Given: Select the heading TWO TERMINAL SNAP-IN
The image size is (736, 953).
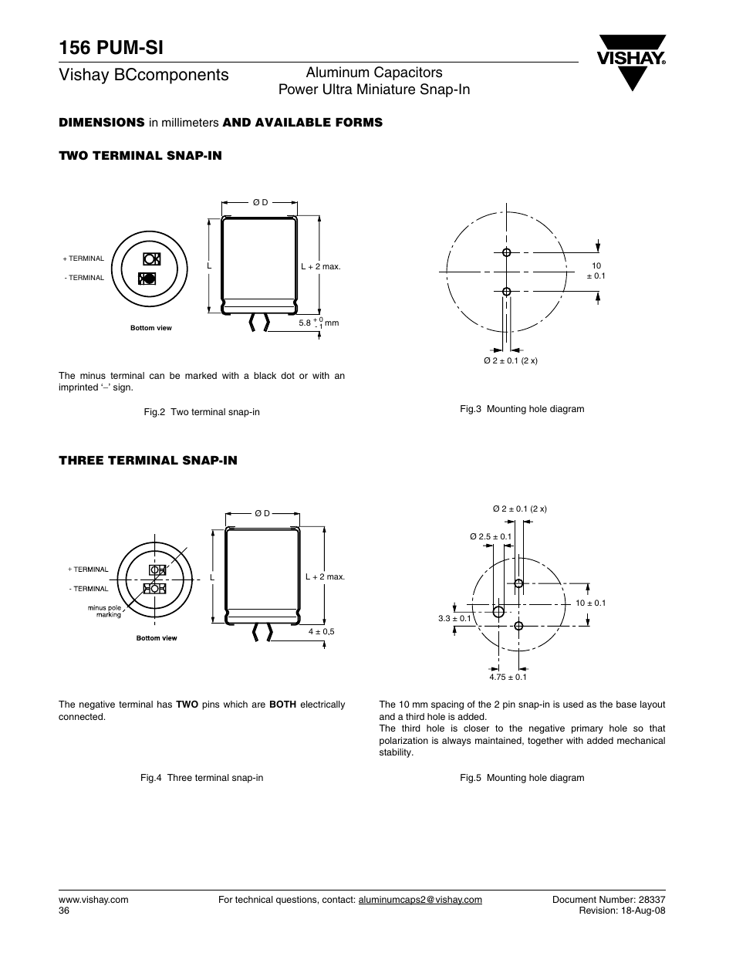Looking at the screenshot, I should point(140,156).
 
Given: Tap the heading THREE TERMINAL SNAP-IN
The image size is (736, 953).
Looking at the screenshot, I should point(148,461).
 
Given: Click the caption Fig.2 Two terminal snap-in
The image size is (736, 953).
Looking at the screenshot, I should point(202,412).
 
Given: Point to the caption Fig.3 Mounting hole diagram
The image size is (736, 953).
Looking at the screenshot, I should point(522,409).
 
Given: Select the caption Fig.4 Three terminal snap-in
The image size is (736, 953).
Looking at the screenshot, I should point(202,778).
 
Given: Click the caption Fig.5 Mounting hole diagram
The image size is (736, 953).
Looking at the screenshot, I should point(522,778).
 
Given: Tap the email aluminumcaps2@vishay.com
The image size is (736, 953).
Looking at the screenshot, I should point(420,900).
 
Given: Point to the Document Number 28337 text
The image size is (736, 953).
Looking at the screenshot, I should point(609,900).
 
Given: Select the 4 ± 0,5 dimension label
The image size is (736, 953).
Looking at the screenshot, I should point(322,632).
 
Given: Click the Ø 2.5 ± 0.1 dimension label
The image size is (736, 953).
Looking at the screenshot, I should point(491,536).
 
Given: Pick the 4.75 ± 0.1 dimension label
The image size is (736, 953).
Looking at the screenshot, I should point(508,677).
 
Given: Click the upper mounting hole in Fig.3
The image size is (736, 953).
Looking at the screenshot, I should point(507,252).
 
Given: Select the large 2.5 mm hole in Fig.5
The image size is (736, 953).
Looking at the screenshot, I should point(498,612).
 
